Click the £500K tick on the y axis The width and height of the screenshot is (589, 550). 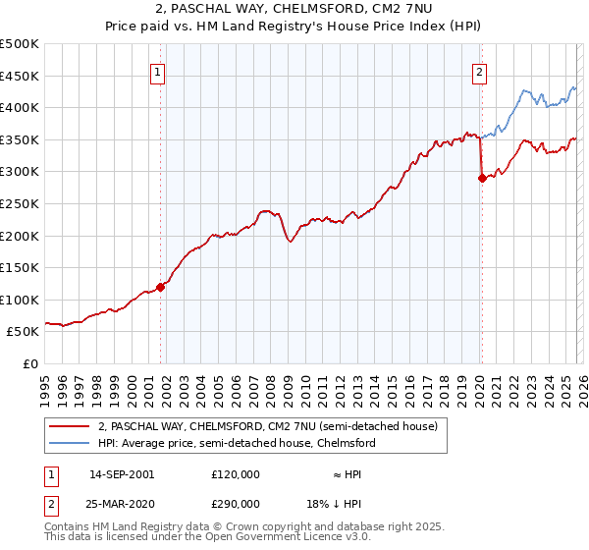click(21, 44)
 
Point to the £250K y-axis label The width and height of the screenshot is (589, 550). click(21, 203)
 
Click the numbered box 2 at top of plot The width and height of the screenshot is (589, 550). click(480, 71)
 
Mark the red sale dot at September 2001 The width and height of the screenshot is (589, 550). click(161, 287)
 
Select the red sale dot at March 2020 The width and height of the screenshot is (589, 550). click(482, 179)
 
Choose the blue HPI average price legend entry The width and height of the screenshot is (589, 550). click(236, 443)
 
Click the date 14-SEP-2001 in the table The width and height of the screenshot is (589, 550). click(121, 474)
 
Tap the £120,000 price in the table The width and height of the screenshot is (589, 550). click(235, 474)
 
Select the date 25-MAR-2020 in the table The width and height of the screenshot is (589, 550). click(121, 502)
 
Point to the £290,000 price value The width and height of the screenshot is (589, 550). click(235, 502)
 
